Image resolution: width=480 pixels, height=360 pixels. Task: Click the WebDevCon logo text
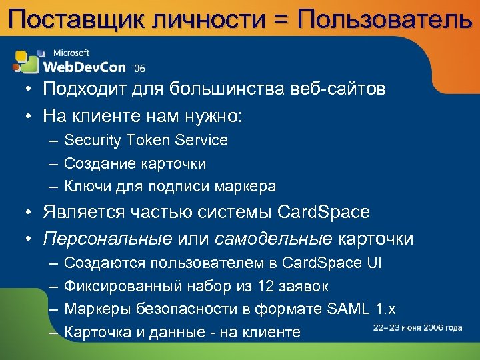coord(85,66)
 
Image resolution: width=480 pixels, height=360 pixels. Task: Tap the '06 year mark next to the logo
coord(139,68)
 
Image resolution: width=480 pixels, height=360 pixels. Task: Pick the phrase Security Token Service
coord(146,141)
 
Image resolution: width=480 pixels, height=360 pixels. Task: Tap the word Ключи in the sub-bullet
coord(85,186)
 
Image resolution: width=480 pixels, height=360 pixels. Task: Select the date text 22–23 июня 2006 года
coord(417,327)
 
